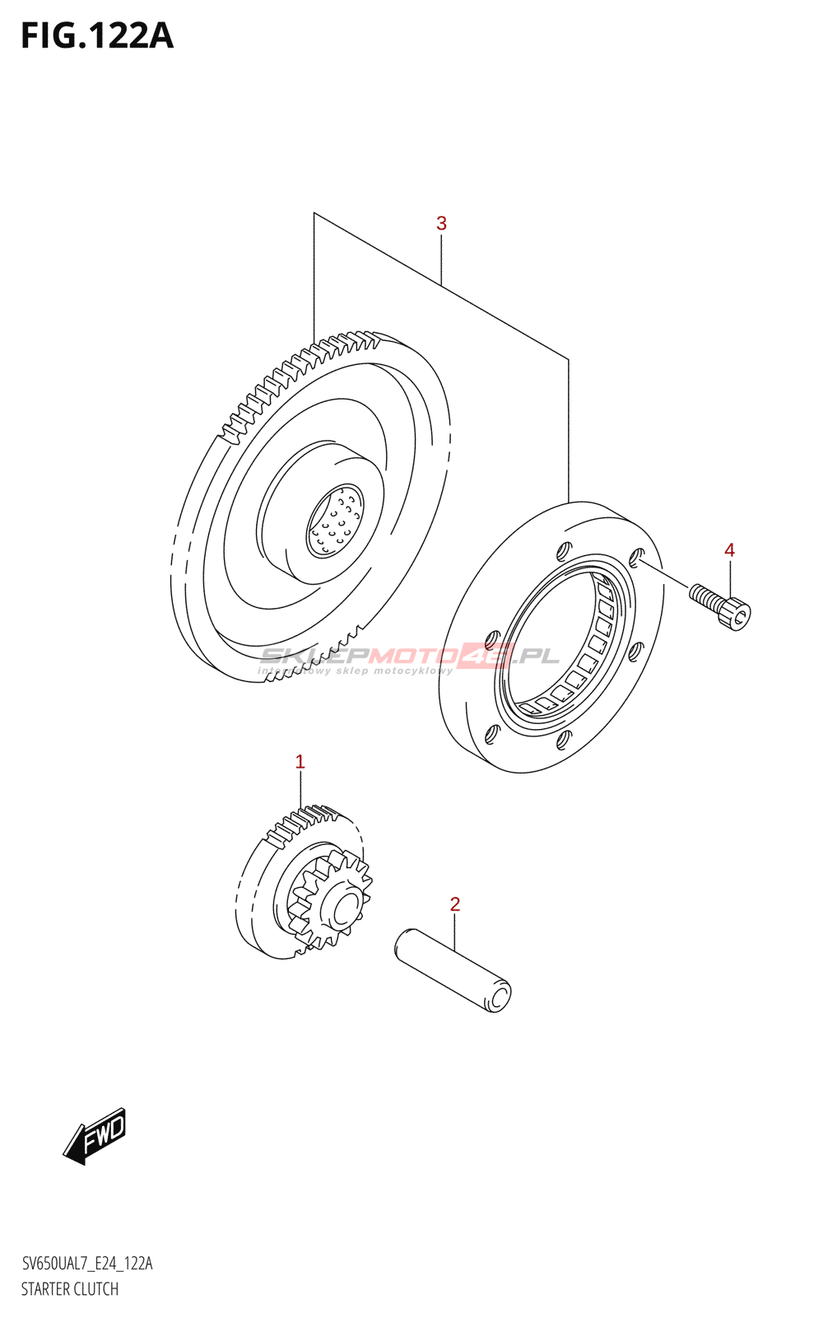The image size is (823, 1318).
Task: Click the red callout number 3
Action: [441, 223]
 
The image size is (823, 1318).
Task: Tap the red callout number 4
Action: [729, 550]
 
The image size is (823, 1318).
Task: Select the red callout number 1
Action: [300, 762]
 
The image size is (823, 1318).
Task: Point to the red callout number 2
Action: [455, 904]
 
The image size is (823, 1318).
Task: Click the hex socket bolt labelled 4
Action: [721, 607]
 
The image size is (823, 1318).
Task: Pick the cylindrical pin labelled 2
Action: [453, 970]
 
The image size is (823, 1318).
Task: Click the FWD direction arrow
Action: [95, 1136]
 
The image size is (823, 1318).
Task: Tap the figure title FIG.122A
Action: [97, 36]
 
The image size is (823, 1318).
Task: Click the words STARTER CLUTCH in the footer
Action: [70, 1289]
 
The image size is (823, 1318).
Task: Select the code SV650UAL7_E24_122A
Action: [86, 1264]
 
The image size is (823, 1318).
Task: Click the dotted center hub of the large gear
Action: [334, 521]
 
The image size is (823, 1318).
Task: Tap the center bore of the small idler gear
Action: [343, 909]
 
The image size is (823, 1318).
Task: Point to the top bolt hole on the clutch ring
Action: [564, 549]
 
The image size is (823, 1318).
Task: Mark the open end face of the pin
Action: [499, 996]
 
